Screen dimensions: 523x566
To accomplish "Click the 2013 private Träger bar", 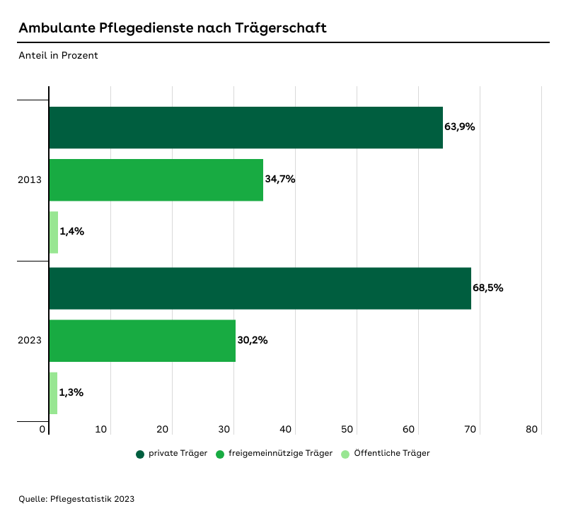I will coord(246,128).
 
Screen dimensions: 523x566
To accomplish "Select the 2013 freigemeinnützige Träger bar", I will coord(156,180).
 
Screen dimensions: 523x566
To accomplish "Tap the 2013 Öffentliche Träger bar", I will coord(54,232).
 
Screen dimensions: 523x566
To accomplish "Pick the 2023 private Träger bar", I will coord(260,288).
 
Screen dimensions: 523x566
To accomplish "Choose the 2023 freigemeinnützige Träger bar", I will coord(142,340).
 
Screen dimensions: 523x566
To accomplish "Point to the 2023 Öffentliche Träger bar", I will coord(53,392).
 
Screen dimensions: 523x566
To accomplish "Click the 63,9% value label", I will coord(459,127).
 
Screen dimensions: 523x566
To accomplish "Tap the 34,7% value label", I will coord(280,180).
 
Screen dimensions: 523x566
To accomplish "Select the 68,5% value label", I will coord(487,288).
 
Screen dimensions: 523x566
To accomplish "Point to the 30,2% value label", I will coord(253,340).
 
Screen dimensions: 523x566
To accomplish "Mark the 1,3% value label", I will coord(71,392).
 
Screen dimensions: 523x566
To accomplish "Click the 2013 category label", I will coord(30,180).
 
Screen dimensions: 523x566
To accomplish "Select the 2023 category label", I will coord(30,340).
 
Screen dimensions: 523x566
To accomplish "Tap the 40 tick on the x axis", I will coord(287,429).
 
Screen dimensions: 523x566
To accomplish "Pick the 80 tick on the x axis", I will coord(533,429).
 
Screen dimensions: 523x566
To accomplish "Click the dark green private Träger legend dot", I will coord(140,454).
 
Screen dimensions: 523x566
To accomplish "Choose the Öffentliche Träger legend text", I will coord(391,454).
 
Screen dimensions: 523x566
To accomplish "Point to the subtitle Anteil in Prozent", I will coord(58,55).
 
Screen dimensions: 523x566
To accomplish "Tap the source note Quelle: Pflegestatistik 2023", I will coord(76,499).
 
